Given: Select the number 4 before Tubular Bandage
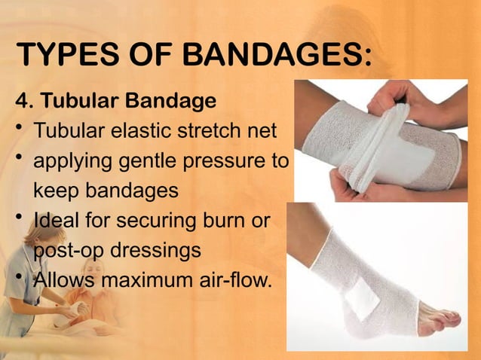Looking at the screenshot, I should point(21,100).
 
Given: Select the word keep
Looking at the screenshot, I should point(58,191).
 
